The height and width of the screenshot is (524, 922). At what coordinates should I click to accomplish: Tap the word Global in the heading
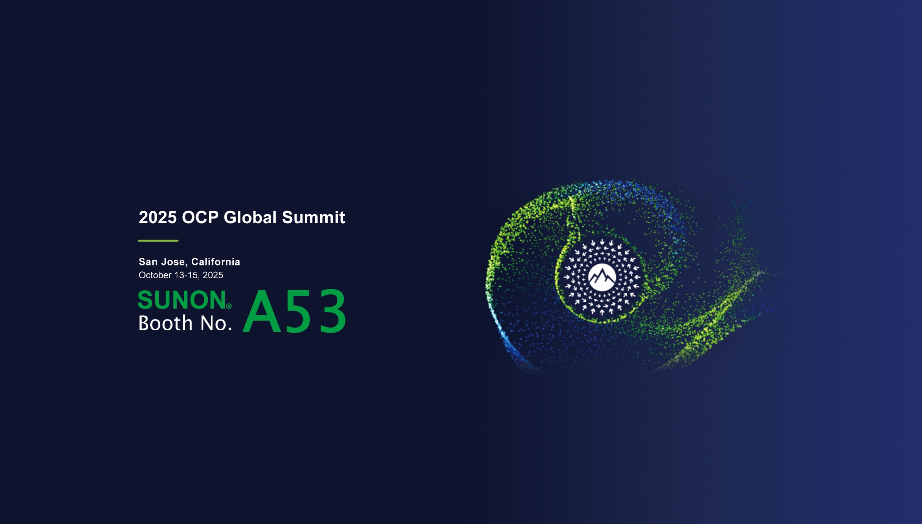click(250, 217)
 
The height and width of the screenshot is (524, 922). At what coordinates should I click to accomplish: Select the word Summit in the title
click(314, 217)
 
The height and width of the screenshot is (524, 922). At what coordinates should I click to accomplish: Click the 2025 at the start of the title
click(158, 217)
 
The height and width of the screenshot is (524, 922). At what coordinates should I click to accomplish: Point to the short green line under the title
click(158, 241)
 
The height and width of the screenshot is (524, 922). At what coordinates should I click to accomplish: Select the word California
click(216, 262)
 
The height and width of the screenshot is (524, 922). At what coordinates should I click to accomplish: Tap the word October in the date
click(155, 275)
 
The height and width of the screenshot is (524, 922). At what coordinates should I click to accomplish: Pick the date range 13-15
click(187, 275)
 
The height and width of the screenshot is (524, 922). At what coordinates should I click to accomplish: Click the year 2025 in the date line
click(213, 275)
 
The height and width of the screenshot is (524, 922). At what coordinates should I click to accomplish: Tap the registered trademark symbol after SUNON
click(229, 306)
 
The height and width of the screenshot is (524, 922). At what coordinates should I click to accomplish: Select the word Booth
click(166, 323)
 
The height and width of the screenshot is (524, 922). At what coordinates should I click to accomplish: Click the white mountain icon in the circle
click(602, 277)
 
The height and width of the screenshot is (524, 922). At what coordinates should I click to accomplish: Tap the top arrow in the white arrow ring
click(602, 242)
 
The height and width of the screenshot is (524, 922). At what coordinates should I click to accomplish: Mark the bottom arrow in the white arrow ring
click(602, 312)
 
